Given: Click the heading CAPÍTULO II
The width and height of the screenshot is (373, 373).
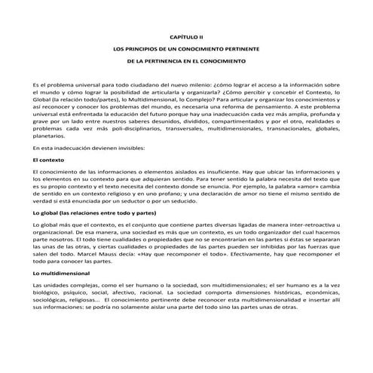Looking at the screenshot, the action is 186,35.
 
